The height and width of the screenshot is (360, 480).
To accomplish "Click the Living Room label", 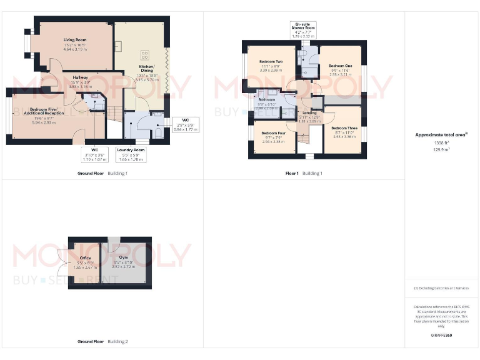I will pos(74,40).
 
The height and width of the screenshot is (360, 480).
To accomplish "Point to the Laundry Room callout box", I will pos(131,154).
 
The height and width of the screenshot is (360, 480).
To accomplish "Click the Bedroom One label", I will pos(340,66).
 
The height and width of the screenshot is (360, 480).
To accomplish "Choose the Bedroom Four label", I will pos(274,133).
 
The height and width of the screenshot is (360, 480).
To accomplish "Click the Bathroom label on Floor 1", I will pos(267,100).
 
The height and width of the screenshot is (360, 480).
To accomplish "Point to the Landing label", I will pos(309,113).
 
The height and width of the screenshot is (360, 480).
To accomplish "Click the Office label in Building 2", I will pos(85,257).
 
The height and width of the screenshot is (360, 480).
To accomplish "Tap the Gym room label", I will pos(123,257).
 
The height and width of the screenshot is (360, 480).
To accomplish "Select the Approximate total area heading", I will pos(441,135).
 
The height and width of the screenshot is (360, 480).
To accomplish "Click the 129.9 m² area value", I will pos(442,149).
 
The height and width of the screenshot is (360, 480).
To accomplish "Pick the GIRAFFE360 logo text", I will pos(442,336).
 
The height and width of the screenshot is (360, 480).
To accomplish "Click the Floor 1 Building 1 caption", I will pos(304,173).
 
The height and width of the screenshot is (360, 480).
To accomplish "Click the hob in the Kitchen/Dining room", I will pos(145,53).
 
